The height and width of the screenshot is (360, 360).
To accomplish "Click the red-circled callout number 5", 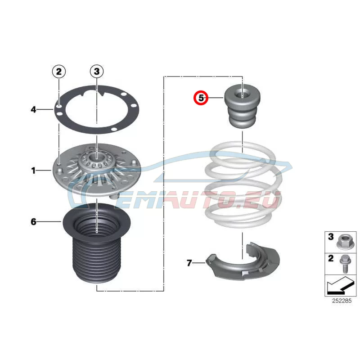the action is pos(201,98).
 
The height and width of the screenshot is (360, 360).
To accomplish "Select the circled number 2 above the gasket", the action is pos(59,72).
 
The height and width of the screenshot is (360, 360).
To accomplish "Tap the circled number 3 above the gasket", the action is pos(97,72).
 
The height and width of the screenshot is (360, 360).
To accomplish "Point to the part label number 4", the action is pos(33,109).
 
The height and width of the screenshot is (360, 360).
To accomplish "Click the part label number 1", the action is pos(33,171).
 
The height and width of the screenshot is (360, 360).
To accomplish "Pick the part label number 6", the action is pos(33,222).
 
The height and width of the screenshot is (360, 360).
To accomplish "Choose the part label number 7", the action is pos(189,263).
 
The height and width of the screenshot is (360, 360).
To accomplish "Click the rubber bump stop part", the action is pos(242,106).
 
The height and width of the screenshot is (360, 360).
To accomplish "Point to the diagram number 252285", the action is pos(342,301).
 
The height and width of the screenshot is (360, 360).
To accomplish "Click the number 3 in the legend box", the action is pos(331,237).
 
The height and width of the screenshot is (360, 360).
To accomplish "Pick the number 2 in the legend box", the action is pos(331,258).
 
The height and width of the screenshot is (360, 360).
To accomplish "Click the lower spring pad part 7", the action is pos(243,262).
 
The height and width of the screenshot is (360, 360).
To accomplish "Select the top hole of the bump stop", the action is pos(243,94).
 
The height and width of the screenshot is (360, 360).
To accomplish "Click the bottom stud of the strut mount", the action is pos(114,196).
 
